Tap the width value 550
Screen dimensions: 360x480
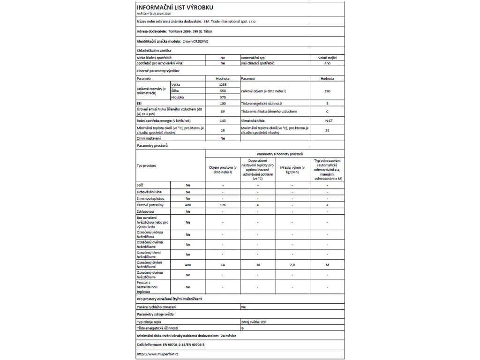coord(223,90)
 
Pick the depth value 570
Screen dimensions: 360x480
coord(223,97)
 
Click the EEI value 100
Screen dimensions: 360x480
coord(223,103)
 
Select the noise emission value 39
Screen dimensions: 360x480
coord(223,112)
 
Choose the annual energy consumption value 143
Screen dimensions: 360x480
coord(223,120)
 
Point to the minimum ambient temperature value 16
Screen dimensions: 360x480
coord(223,130)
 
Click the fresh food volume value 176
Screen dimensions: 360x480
coord(223,205)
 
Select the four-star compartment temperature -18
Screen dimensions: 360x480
coord(257,265)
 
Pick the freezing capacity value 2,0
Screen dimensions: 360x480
coord(292,265)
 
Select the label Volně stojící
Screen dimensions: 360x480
coord(327,57)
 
